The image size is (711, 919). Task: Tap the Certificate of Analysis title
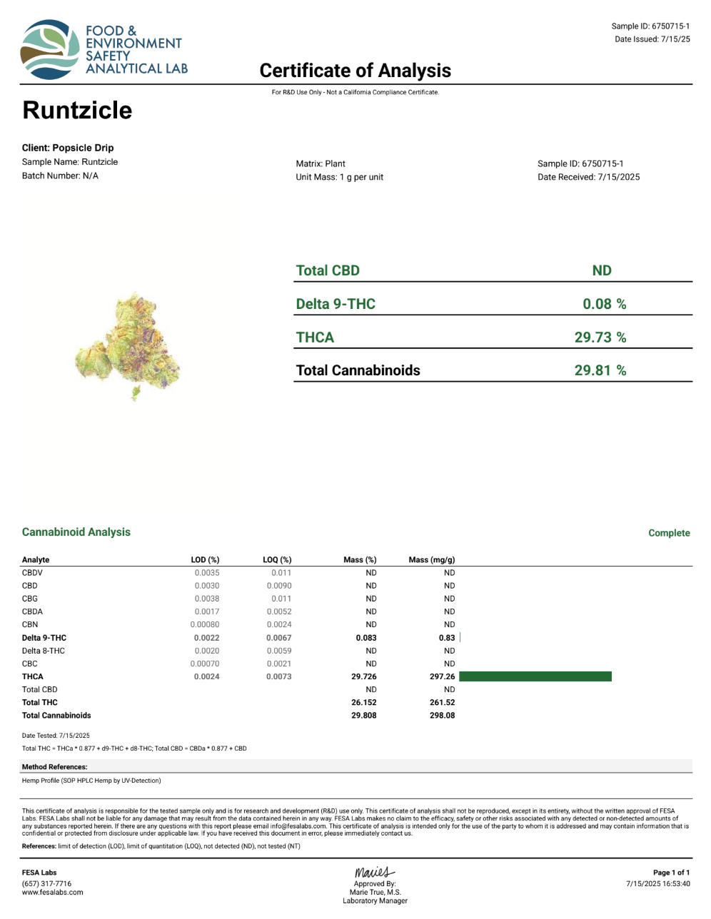click(x=355, y=71)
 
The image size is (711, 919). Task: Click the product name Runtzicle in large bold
click(x=77, y=111)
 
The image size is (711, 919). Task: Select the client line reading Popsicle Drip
click(x=68, y=148)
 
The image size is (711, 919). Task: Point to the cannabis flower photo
click(x=128, y=346)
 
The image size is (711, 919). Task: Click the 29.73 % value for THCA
click(x=600, y=337)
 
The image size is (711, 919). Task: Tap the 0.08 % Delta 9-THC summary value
click(x=604, y=304)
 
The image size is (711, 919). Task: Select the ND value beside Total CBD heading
click(x=602, y=270)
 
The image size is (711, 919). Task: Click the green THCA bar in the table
click(x=535, y=676)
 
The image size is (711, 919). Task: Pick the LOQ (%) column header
click(x=277, y=560)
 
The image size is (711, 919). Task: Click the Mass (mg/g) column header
click(x=431, y=560)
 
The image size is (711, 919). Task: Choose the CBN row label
click(x=30, y=624)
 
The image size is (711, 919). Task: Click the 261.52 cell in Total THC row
click(x=442, y=702)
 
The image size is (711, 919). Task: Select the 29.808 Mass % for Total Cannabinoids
click(x=364, y=715)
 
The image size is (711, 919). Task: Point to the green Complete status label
click(x=669, y=533)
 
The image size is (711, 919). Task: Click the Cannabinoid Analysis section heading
click(x=76, y=532)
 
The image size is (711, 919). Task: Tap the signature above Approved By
click(x=374, y=873)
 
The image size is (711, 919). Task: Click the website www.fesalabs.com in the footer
click(x=53, y=892)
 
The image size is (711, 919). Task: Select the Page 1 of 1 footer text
click(x=671, y=873)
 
